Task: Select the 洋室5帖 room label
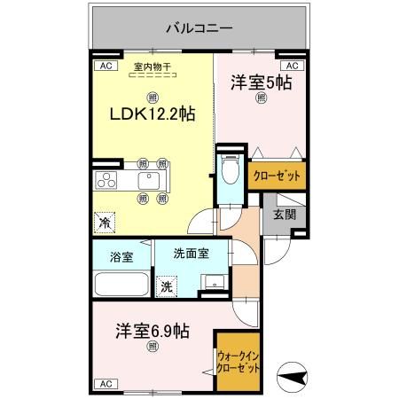pos(262,82)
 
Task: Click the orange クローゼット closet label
pos(277,176)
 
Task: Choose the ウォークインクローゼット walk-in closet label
pos(239,362)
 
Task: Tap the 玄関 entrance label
pos(284,214)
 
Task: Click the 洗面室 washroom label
pos(191,252)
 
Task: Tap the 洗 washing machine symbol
pos(166,286)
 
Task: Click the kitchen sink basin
pos(147,182)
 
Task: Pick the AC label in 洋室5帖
pos(292,66)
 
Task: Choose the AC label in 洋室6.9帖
pos(104,383)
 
